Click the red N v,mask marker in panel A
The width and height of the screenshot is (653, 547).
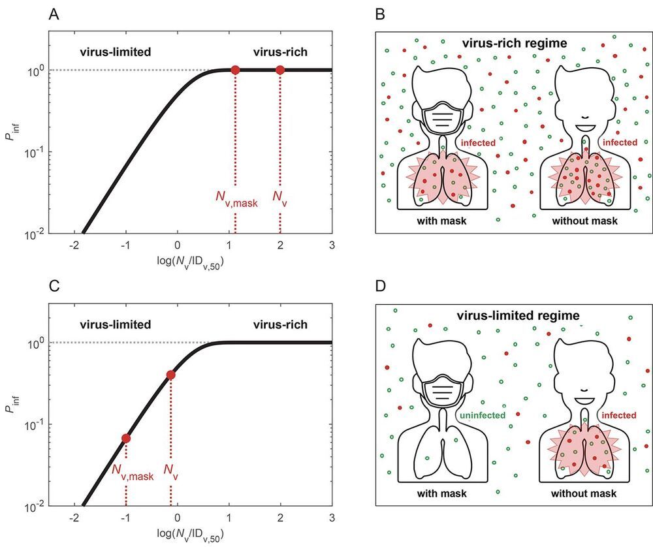point(235,70)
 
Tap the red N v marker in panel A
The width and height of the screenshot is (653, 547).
point(280,70)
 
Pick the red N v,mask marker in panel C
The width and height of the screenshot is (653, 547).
point(125,438)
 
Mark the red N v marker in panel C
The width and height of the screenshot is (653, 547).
point(170,375)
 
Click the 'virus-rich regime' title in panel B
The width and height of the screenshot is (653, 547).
point(514,44)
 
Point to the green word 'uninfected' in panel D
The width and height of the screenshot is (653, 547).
point(481,414)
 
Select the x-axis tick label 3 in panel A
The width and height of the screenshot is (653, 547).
point(332,245)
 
